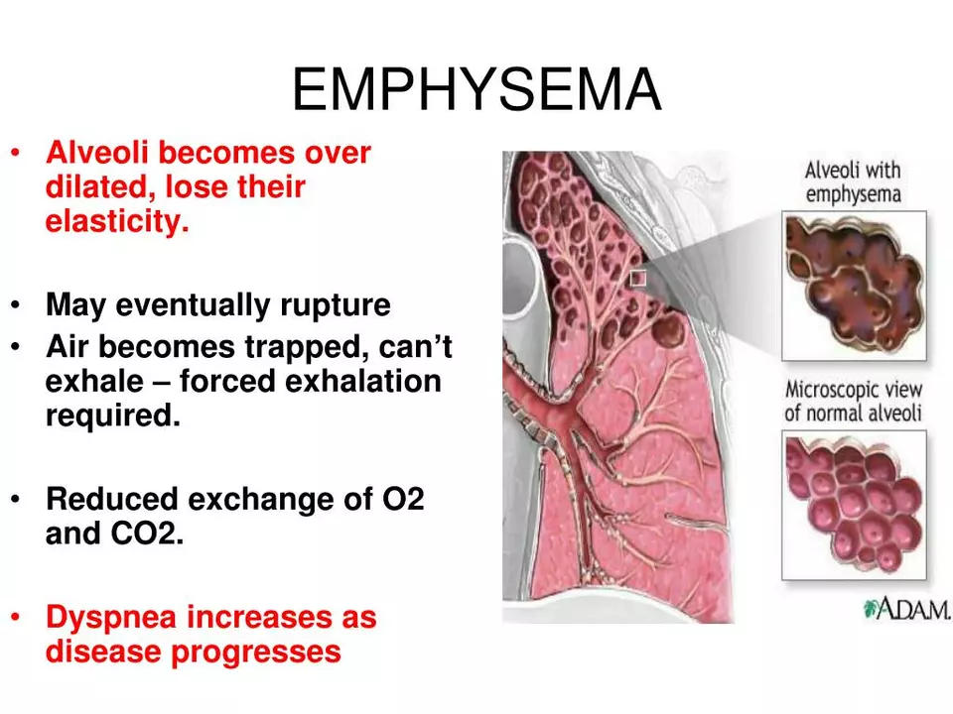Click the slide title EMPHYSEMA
[x=476, y=89]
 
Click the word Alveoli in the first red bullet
[x=97, y=152]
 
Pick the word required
[x=113, y=416]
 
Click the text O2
[x=403, y=499]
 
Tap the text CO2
[x=147, y=534]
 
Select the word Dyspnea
[x=111, y=618]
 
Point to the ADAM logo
[x=906, y=608]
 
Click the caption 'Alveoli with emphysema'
[x=853, y=182]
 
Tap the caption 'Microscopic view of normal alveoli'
[x=854, y=401]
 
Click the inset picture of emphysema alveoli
[x=854, y=286]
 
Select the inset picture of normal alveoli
[x=854, y=505]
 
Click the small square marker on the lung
[x=637, y=278]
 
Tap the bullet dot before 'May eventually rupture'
[x=17, y=304]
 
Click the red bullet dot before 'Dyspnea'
[x=17, y=617]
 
